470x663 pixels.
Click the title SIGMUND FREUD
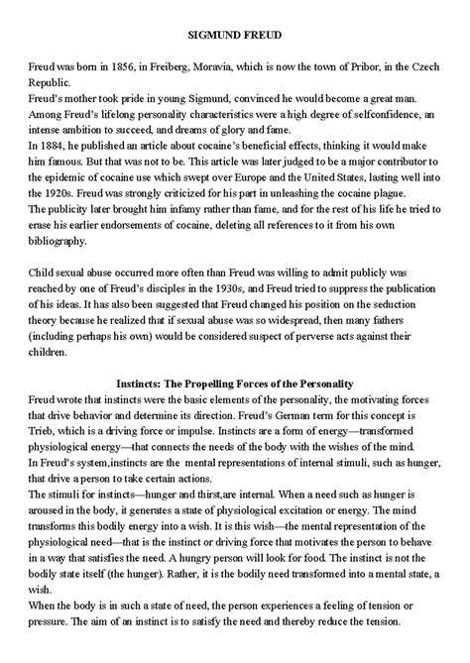coord(235,36)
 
